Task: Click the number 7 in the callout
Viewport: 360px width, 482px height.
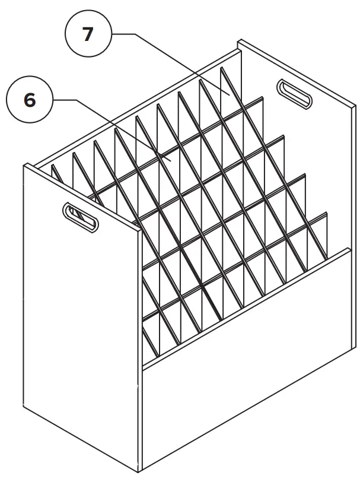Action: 88,34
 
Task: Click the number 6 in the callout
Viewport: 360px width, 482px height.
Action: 30,100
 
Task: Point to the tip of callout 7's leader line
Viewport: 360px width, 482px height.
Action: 230,93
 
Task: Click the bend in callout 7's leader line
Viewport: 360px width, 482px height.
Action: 135,35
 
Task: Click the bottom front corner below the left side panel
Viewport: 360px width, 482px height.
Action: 142,471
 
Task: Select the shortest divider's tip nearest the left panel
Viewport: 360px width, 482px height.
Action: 53,165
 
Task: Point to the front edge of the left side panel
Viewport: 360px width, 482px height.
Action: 142,344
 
